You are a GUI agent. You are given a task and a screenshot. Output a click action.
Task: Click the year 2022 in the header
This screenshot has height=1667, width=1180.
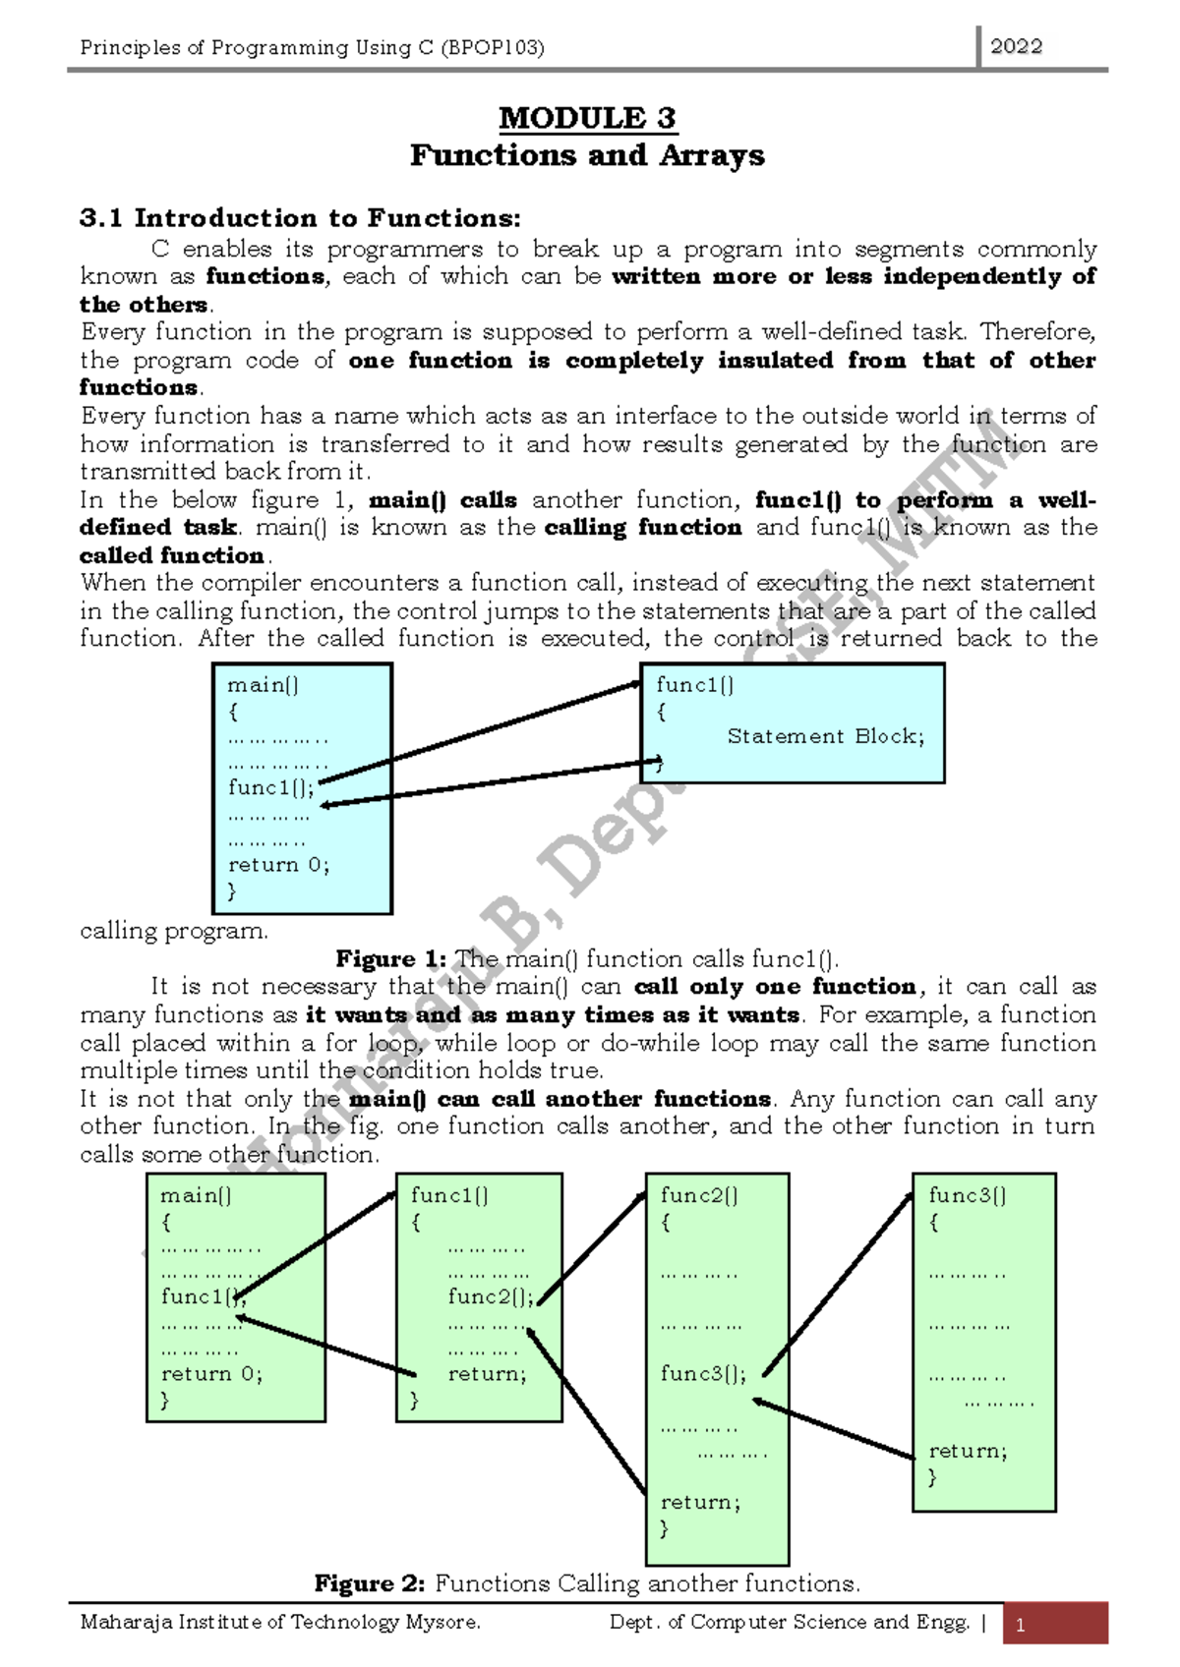tap(1016, 46)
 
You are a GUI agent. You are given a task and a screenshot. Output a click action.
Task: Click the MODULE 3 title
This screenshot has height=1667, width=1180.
tap(587, 118)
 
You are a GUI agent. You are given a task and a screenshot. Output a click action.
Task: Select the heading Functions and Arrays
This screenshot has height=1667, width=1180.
tap(587, 155)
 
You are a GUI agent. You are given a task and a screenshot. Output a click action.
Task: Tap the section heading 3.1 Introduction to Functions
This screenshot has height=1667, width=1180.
tap(300, 218)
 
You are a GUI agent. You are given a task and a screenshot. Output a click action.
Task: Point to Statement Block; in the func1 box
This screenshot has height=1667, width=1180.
tap(825, 736)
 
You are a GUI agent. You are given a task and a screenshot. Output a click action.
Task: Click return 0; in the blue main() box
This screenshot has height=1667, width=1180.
tap(278, 865)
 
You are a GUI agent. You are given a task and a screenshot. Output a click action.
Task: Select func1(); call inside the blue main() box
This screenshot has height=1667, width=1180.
tap(271, 787)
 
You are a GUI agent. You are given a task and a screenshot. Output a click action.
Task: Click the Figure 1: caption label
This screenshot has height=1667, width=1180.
tap(390, 958)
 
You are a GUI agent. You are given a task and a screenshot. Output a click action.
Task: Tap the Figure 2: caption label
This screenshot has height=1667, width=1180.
tap(369, 1583)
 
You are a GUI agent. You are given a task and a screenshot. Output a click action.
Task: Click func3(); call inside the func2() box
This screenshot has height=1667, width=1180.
tap(703, 1373)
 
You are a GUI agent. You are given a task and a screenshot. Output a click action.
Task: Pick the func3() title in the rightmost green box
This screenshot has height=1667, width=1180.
tap(967, 1195)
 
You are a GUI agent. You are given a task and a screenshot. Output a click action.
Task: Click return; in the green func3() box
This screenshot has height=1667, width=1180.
tap(968, 1451)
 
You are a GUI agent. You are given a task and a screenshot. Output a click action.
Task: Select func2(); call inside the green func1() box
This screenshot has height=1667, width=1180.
tap(491, 1296)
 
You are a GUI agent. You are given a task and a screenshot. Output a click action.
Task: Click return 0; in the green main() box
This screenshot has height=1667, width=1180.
tap(211, 1373)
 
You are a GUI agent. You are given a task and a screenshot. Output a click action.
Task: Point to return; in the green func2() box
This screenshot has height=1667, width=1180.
tap(700, 1502)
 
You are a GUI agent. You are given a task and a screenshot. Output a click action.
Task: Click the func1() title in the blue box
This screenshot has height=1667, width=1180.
tap(694, 685)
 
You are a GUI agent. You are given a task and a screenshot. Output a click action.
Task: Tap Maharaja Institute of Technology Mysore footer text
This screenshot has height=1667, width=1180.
tap(280, 1622)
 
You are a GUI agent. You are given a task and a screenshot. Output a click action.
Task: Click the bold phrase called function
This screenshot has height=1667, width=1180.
tap(171, 555)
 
